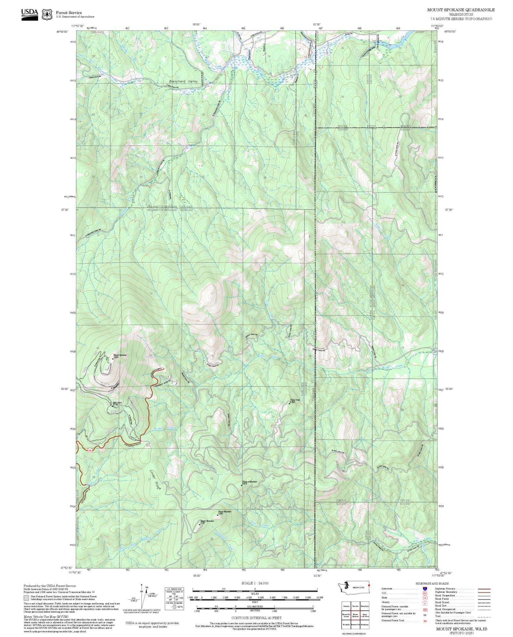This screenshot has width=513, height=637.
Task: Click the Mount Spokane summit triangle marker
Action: point(113,359)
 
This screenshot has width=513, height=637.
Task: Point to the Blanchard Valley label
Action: point(183,81)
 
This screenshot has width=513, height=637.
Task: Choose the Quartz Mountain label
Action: point(207,521)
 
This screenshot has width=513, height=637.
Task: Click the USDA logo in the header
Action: point(29,14)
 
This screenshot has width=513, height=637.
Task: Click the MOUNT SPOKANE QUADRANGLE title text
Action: point(461,10)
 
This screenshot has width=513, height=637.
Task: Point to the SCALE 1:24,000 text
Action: point(255,583)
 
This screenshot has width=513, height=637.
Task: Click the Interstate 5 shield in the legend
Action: point(425,589)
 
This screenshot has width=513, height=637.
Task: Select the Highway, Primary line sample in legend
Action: point(484,589)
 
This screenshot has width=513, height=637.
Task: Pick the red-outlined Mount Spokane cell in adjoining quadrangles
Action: point(355,615)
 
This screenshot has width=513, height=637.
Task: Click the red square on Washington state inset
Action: point(369,585)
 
